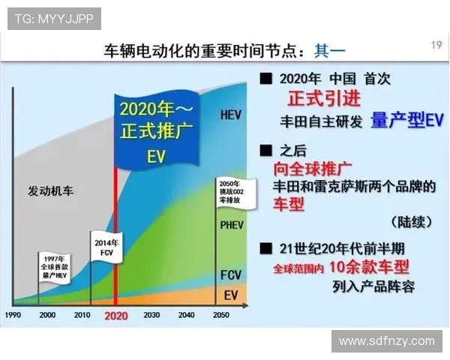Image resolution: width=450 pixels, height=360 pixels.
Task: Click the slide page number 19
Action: (436, 46)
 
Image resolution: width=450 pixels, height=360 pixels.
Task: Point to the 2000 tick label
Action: (48, 315)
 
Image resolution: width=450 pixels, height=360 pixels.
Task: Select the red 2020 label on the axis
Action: (116, 315)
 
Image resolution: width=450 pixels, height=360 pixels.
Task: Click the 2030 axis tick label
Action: (151, 315)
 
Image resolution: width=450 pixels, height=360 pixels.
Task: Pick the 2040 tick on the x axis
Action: (185, 315)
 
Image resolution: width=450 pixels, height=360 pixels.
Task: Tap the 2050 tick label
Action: (220, 315)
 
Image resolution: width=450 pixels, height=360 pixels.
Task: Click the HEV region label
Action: (231, 115)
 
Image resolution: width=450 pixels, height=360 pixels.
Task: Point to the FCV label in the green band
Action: (231, 275)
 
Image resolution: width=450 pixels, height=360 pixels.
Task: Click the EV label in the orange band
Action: (231, 295)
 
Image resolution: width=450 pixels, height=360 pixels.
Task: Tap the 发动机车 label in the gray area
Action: (51, 190)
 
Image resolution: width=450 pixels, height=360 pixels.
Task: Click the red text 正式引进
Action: (325, 100)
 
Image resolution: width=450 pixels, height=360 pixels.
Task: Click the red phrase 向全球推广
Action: (313, 167)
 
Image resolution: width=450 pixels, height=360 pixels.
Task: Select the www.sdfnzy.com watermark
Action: (386, 341)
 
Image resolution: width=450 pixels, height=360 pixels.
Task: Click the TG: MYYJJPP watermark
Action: (54, 19)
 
